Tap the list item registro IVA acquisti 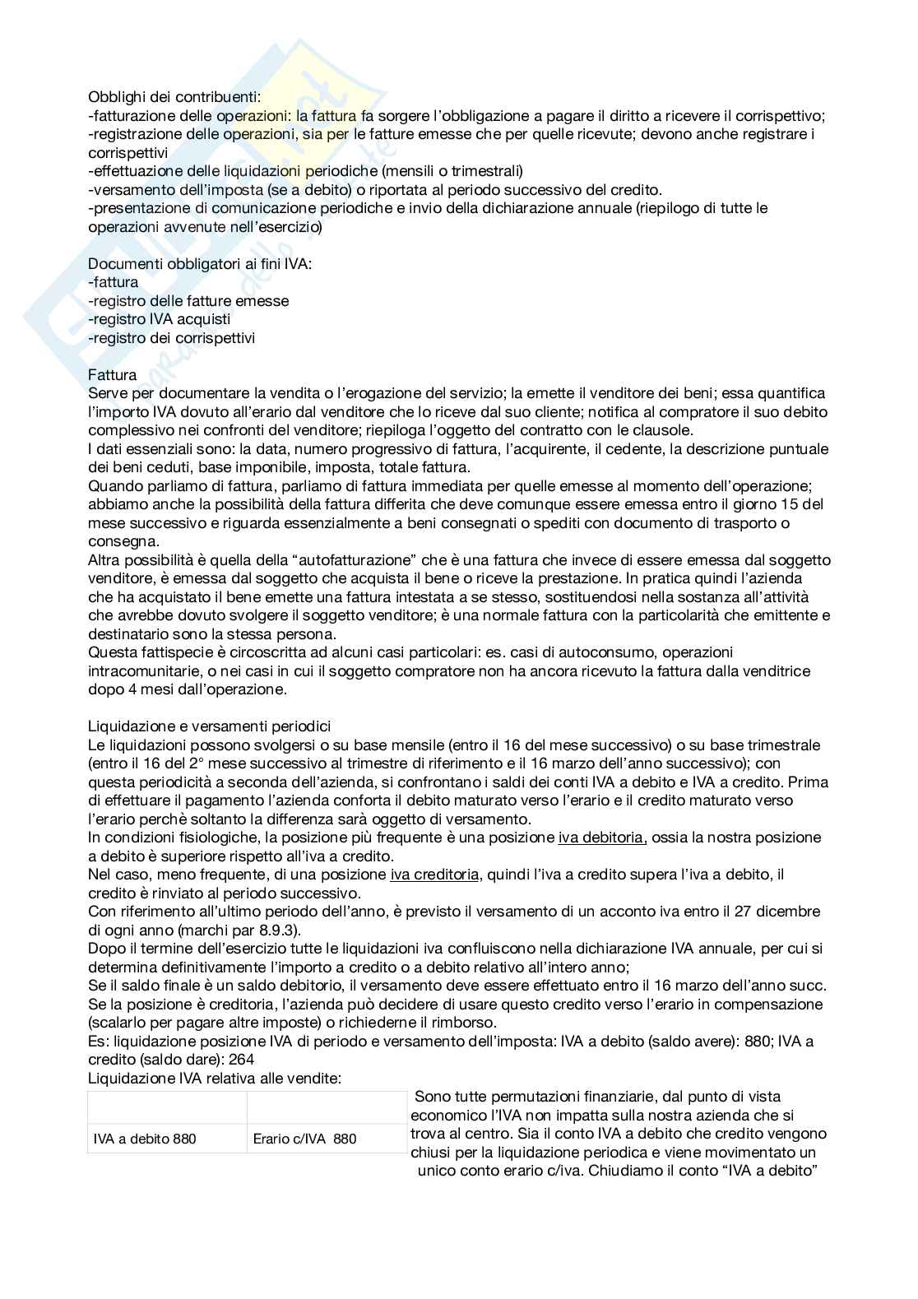pyautogui.click(x=160, y=319)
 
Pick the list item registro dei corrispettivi pyautogui.click(x=172, y=338)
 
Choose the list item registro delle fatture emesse pyautogui.click(x=188, y=301)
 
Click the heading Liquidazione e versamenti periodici pyautogui.click(x=209, y=726)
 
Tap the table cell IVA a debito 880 pyautogui.click(x=145, y=1139)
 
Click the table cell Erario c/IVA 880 pyautogui.click(x=304, y=1139)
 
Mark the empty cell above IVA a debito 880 pyautogui.click(x=166, y=1107)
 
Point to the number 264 pyautogui.click(x=241, y=1060)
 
